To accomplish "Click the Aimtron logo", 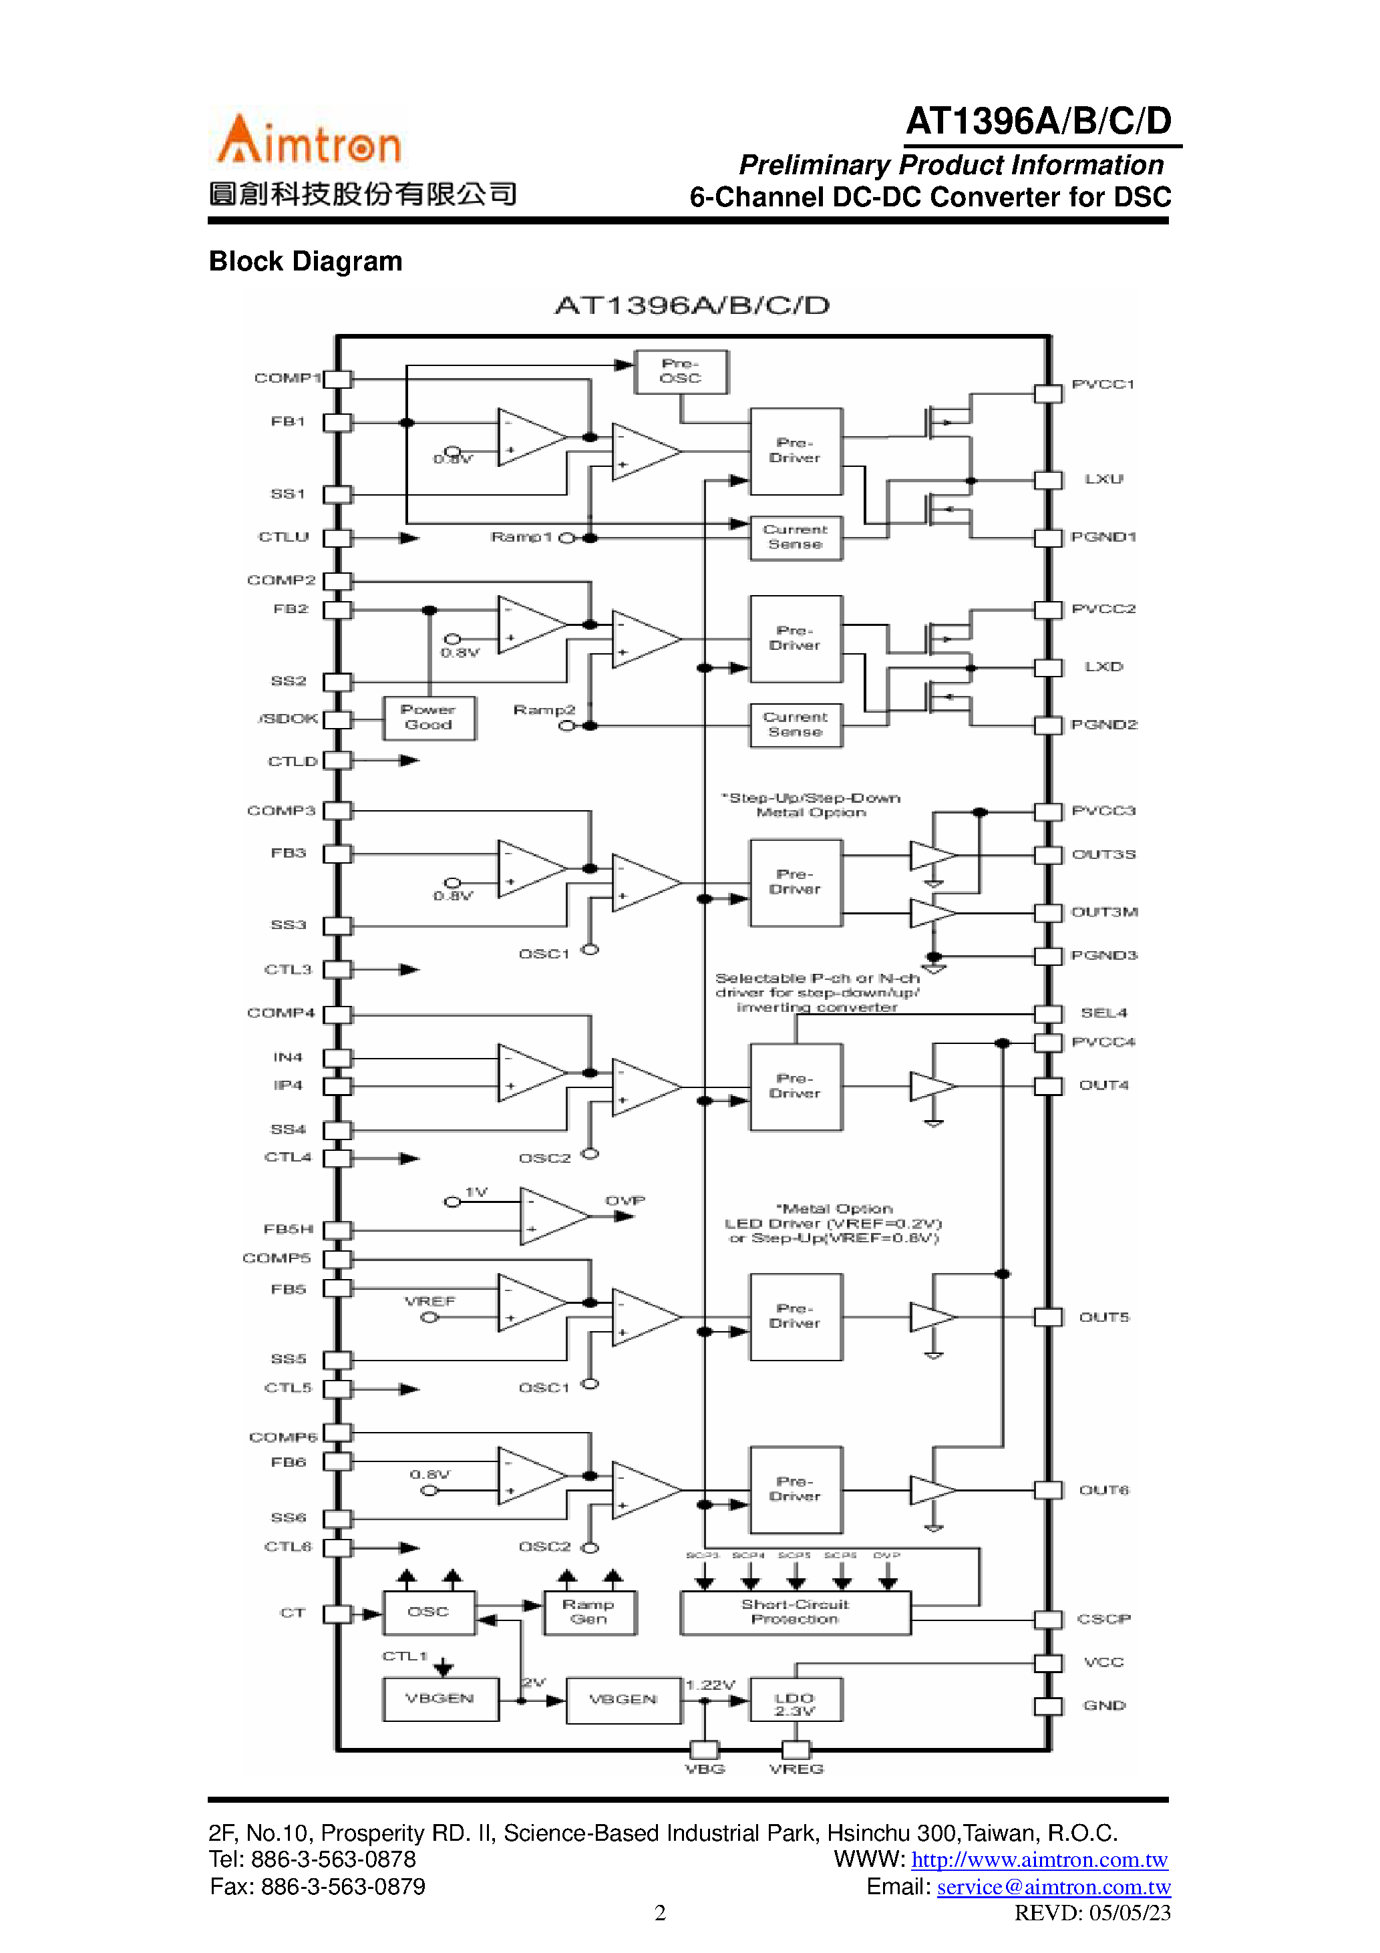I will pos(309,140).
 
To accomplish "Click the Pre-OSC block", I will pos(681,372).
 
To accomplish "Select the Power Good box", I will pos(428,717).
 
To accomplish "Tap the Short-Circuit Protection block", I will pos(795,1611).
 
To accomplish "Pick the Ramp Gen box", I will pos(588,1611).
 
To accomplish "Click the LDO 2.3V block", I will pos(795,1703).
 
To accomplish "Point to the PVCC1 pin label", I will pos(1103,385).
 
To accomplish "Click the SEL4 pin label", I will pos(1103,1012).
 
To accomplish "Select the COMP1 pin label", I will pos(287,377).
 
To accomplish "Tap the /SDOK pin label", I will pos(288,719).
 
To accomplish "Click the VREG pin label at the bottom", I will pos(796,1769).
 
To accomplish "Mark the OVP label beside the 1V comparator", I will pos(625,1200).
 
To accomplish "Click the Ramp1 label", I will pos(521,537).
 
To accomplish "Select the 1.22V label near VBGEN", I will pos(709,1684).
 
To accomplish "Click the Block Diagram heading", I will pos(305,261).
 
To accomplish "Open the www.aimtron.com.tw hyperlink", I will pos(1039,1859).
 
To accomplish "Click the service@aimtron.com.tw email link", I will pos(1053,1887).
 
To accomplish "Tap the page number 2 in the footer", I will pos(660,1912).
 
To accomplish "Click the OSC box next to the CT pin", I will pos(428,1611).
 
